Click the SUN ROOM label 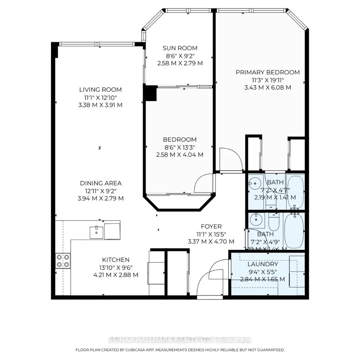(x=180, y=48)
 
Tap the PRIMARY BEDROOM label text (x=268, y=72)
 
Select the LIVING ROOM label (x=100, y=90)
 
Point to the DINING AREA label (x=101, y=183)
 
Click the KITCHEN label (x=116, y=260)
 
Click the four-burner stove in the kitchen (x=63, y=261)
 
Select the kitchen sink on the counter (x=97, y=232)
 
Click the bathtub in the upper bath (x=296, y=192)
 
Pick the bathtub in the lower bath (x=294, y=231)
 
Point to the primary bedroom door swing (x=231, y=159)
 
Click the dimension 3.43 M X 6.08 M (x=268, y=88)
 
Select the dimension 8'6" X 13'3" (x=180, y=147)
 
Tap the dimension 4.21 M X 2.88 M (x=116, y=275)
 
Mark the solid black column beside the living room (x=150, y=93)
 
